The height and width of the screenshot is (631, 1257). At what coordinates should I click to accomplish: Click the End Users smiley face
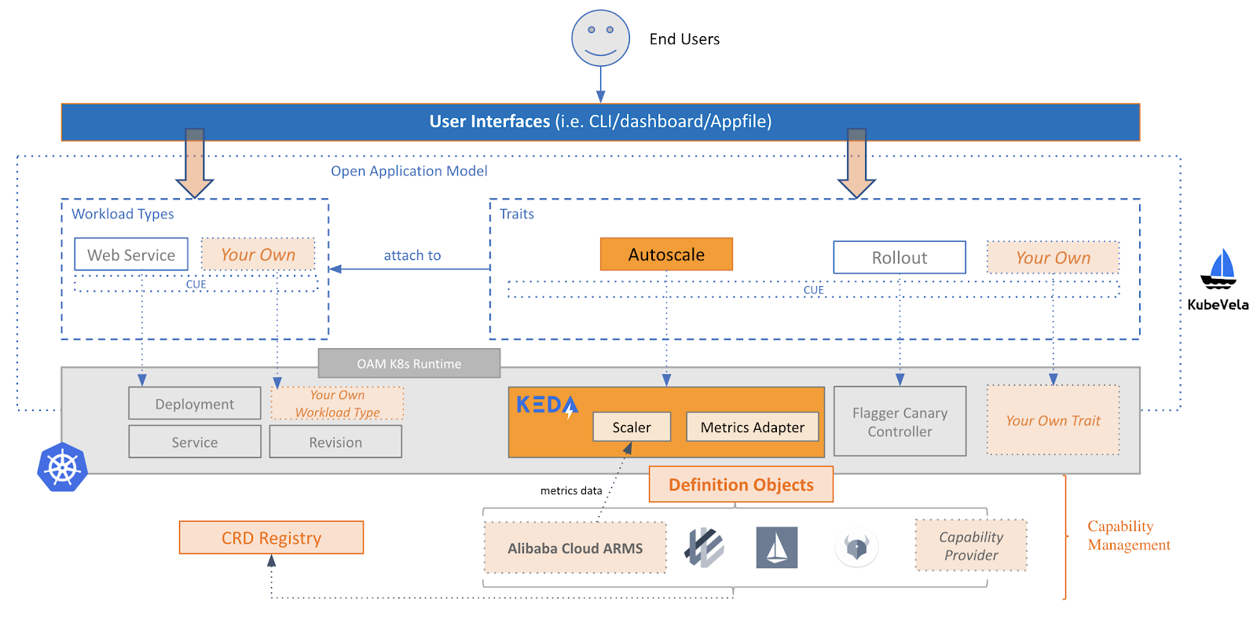click(x=600, y=38)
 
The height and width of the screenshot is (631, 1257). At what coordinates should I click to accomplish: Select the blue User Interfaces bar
click(x=600, y=122)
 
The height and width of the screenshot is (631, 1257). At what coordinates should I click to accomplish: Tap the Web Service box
click(x=131, y=255)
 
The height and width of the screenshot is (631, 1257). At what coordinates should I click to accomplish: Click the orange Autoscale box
click(x=666, y=255)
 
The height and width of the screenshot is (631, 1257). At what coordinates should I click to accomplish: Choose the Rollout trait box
click(x=900, y=258)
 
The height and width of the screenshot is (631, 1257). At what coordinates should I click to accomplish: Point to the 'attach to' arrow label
click(x=412, y=255)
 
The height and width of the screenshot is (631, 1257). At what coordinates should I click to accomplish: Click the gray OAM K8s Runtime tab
click(x=409, y=364)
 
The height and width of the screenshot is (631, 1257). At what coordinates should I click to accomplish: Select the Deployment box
click(x=195, y=404)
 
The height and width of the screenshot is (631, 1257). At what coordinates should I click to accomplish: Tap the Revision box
click(x=335, y=442)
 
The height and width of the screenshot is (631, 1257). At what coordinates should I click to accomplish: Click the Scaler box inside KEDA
click(x=632, y=427)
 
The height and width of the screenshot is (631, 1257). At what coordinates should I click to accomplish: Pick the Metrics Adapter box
click(x=752, y=427)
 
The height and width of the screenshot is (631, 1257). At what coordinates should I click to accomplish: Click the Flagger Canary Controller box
click(x=900, y=422)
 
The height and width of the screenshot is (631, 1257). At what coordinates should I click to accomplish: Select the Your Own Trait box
click(x=1053, y=420)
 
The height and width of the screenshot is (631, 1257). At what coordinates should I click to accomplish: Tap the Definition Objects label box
click(x=741, y=485)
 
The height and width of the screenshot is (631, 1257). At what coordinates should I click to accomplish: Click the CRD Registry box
click(x=271, y=538)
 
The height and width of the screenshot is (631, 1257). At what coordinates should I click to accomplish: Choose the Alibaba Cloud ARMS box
click(x=574, y=548)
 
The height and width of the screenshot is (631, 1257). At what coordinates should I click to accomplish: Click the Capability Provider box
click(x=971, y=545)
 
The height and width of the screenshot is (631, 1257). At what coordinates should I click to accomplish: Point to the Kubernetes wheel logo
click(x=62, y=468)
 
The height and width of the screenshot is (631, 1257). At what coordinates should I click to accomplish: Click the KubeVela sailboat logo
click(x=1219, y=270)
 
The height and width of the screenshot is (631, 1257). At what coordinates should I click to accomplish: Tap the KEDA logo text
click(x=547, y=405)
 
